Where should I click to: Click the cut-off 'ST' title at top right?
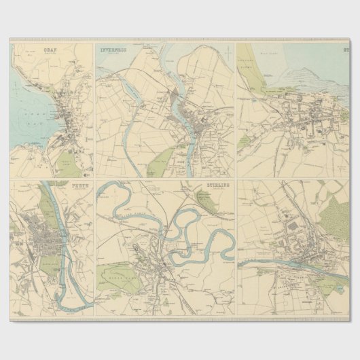click(x=346, y=50)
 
